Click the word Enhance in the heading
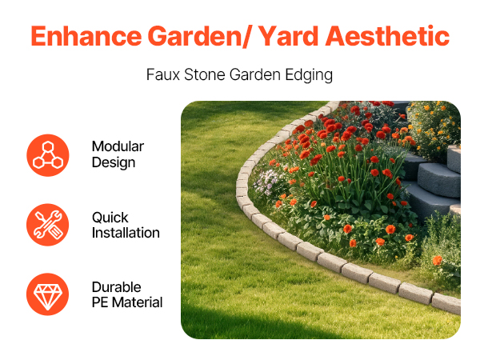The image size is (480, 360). (86, 36)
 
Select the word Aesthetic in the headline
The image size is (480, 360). (387, 36)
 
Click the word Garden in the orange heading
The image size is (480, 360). (195, 36)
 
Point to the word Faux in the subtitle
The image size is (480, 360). (163, 74)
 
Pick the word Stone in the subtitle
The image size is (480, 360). (205, 74)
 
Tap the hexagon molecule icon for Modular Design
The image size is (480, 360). (48, 155)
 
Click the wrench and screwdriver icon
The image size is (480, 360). (48, 225)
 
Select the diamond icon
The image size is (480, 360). (48, 294)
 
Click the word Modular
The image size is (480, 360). (118, 146)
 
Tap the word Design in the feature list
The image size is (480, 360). (114, 162)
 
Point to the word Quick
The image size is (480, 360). (110, 218)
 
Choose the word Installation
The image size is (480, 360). (126, 233)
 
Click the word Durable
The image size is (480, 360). (117, 287)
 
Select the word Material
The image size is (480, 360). (137, 302)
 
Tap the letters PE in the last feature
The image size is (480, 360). (100, 302)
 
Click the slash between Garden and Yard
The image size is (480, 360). (248, 37)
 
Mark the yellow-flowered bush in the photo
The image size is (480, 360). (434, 129)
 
